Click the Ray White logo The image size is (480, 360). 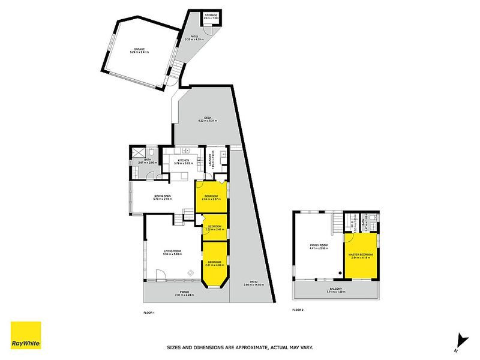[26, 337]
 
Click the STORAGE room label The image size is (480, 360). [211, 16]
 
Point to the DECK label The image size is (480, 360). [208, 118]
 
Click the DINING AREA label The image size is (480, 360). [163, 197]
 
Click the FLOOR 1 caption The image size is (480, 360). [149, 311]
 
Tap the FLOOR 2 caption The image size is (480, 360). [298, 310]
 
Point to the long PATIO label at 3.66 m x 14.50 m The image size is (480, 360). [254, 284]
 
